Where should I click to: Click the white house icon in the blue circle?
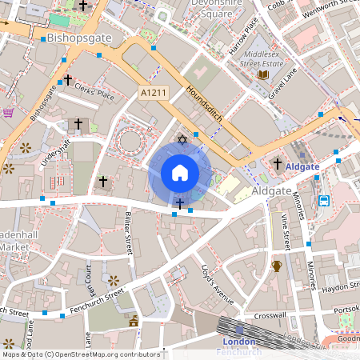point(180,173)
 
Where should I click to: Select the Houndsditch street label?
point(210,106)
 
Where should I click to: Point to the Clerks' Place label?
point(94,95)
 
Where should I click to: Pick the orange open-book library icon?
point(262,75)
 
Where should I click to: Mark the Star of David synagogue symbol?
point(181,140)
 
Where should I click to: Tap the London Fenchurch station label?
point(238,346)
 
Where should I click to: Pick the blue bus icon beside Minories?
point(324,200)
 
